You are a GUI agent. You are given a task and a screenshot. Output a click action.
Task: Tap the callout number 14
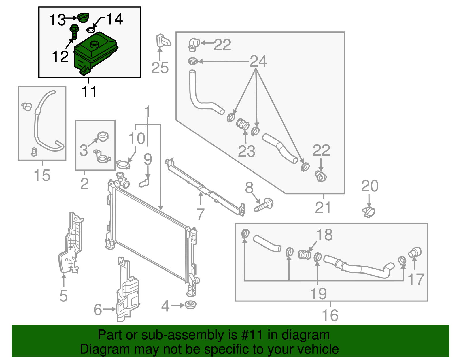click(x=114, y=19)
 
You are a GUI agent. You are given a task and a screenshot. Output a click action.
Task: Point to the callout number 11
click(x=89, y=92)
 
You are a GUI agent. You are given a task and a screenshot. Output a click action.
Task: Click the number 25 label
click(x=160, y=68)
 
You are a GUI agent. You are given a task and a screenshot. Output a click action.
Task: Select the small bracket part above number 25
click(x=163, y=41)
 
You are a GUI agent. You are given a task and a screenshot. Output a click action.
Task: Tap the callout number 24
click(x=258, y=61)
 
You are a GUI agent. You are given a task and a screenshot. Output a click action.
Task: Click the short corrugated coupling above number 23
click(x=243, y=125)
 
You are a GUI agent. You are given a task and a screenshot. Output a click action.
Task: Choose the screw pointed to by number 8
click(x=264, y=205)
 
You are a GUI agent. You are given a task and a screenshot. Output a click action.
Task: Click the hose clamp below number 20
click(x=369, y=212)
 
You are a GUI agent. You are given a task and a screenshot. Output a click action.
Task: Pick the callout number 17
click(x=416, y=279)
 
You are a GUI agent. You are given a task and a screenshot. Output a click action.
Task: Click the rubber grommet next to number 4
click(x=190, y=305)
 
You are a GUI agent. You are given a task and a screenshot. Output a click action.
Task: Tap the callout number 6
click(x=98, y=310)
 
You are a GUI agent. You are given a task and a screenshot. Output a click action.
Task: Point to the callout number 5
click(x=63, y=296)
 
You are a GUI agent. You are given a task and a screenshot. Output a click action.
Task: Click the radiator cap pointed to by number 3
click(x=103, y=136)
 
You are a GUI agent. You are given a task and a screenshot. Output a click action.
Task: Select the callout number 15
click(x=42, y=175)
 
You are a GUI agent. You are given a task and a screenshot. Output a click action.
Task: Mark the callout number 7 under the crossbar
click(x=200, y=214)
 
